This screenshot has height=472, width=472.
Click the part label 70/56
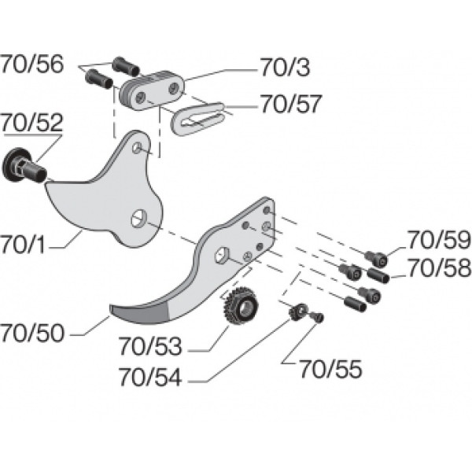coord(32,65)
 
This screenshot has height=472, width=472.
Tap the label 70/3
coord(285,67)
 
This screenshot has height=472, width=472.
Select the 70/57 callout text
coord(291,104)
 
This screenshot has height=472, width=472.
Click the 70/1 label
coord(23,245)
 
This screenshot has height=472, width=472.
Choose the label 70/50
coord(32,333)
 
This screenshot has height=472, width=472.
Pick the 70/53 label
coord(150,346)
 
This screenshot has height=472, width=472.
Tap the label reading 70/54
coord(150,377)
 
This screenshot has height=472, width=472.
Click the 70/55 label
coord(330,369)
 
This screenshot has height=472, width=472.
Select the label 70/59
coord(439,240)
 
